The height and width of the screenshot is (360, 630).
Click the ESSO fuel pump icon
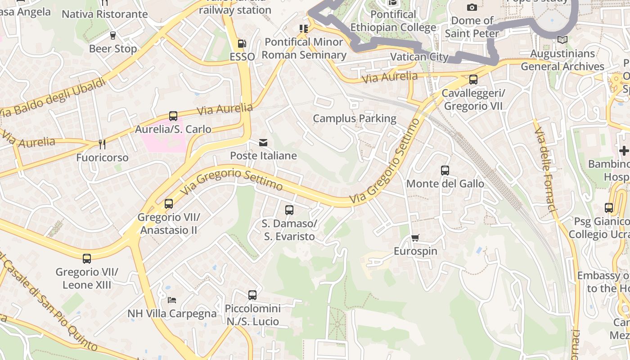click(242, 44)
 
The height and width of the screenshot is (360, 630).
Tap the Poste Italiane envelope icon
click(263, 143)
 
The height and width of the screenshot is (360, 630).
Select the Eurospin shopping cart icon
click(415, 238)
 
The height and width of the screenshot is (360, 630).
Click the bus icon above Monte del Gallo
click(445, 171)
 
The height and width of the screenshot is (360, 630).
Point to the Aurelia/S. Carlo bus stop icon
click(173, 116)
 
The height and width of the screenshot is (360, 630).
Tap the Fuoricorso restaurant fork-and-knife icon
click(102, 144)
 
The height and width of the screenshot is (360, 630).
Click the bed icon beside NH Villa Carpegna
click(171, 300)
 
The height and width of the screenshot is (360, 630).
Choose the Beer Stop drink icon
click(112, 35)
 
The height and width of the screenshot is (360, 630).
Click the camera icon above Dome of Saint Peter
click(472, 7)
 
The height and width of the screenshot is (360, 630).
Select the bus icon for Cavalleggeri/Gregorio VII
click(473, 80)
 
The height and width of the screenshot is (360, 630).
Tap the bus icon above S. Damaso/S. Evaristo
click(289, 210)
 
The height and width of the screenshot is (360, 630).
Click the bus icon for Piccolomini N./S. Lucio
click(252, 295)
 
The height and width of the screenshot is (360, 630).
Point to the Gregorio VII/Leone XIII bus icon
click(87, 259)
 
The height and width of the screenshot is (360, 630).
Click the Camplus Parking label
click(355, 118)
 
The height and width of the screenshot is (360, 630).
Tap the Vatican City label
click(419, 57)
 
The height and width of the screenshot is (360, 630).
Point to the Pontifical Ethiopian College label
click(393, 21)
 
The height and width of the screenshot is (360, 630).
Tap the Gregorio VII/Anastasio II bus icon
click(169, 204)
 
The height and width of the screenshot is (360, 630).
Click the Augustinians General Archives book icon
click(562, 40)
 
